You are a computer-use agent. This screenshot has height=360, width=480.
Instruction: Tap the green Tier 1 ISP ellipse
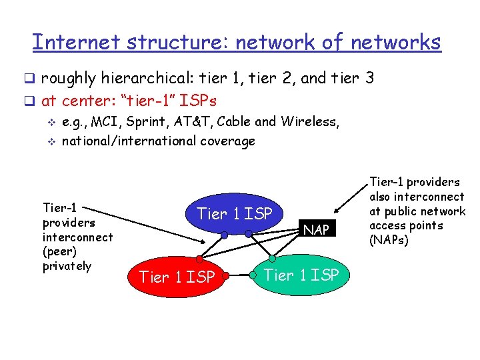click(301, 274)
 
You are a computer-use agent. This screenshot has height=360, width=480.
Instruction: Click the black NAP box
click(316, 230)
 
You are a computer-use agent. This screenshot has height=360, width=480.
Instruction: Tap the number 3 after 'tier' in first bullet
click(369, 79)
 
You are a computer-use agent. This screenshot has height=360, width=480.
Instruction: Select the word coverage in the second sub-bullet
click(226, 141)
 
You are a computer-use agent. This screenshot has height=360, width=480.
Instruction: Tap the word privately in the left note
click(67, 266)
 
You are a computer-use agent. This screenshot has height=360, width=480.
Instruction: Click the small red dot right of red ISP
click(227, 275)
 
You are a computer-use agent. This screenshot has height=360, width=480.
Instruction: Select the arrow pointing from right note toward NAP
click(350, 200)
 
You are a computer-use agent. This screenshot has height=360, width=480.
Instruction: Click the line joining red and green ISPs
click(240, 275)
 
